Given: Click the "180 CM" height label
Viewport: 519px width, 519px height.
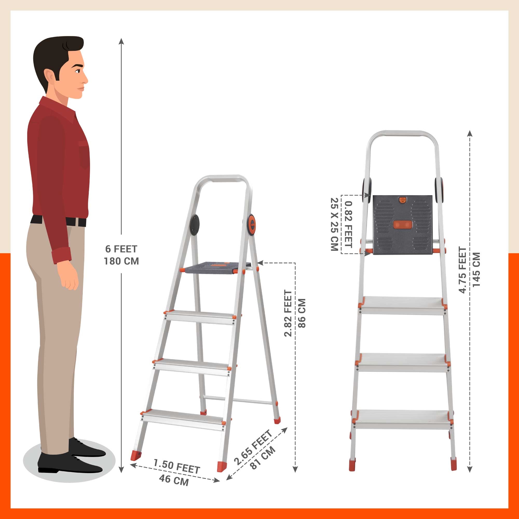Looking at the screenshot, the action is point(121,261).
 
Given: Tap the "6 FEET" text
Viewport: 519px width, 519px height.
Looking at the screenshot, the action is point(121,249).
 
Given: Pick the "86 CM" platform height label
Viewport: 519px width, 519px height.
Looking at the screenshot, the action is point(302,313).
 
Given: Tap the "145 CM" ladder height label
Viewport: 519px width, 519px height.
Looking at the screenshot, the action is point(476,270).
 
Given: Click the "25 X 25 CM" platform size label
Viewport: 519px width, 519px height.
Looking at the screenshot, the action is point(334,224).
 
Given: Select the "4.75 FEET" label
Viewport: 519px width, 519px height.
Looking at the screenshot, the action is point(463,270).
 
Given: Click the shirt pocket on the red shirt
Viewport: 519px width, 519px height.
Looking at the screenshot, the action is point(84,155).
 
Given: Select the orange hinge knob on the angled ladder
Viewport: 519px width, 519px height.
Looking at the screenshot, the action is point(252,225).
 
